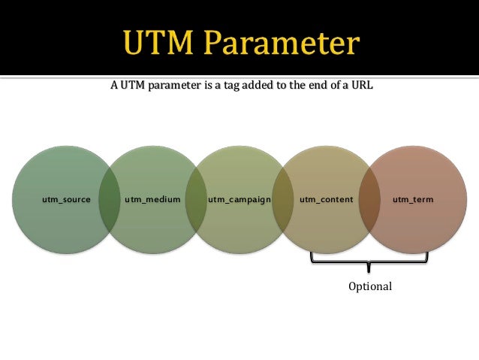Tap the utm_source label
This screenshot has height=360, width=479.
[67, 200]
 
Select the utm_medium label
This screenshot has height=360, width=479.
[152, 200]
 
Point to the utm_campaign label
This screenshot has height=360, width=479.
[239, 200]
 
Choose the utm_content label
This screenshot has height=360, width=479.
[323, 200]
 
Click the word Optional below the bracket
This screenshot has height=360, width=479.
[369, 287]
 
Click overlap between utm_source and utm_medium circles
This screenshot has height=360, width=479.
[110, 201]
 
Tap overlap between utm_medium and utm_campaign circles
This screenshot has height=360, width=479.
[196, 201]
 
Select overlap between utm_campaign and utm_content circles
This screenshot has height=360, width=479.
[282, 201]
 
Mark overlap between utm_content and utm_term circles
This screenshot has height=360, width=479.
[369, 201]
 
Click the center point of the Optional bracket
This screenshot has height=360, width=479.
[369, 266]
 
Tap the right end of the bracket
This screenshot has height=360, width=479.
[427, 258]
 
